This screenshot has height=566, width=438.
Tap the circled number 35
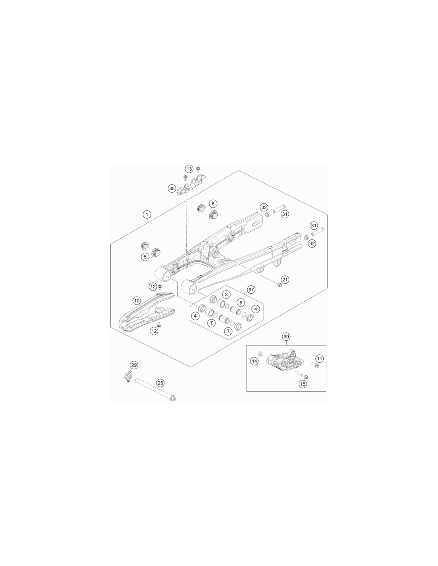[172, 188]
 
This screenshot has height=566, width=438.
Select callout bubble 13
[189, 169]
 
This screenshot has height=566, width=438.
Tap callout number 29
[134, 365]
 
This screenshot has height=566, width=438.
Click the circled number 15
[303, 384]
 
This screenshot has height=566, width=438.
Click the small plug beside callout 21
[280, 285]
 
